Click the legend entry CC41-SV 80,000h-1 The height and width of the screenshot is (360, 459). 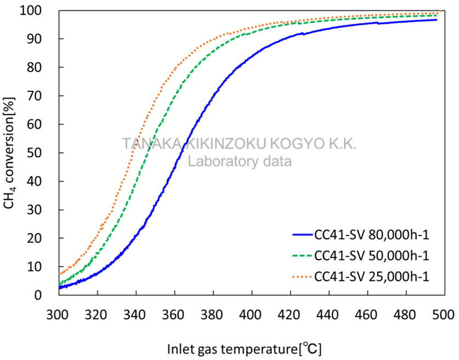[x=371, y=235]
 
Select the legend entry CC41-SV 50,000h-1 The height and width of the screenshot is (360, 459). [x=371, y=256]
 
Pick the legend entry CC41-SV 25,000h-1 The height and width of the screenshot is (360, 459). [x=371, y=276]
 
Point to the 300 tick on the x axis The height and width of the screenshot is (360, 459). [x=58, y=315]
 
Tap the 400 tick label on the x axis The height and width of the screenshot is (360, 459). [x=251, y=315]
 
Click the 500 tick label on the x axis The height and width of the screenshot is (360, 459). [x=445, y=315]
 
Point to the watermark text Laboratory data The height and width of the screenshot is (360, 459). [x=240, y=162]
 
